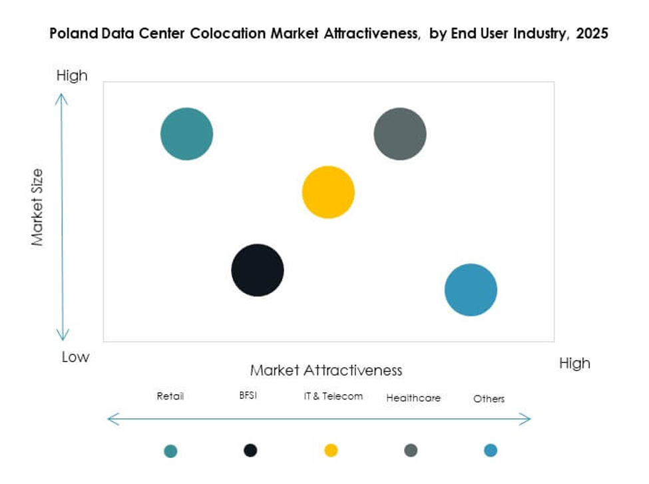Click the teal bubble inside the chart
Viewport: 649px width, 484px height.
click(186, 134)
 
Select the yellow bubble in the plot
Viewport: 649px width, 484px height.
click(328, 192)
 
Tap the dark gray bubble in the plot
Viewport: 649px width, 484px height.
click(399, 134)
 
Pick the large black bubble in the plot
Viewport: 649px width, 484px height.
click(258, 270)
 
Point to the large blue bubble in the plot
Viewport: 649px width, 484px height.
click(471, 290)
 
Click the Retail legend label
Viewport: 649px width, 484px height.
click(170, 396)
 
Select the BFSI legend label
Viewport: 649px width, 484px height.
click(248, 395)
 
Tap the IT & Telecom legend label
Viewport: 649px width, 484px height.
click(333, 396)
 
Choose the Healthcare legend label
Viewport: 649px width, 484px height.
click(413, 398)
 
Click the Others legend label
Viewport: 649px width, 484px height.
click(489, 399)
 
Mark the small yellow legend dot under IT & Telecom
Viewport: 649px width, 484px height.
click(331, 451)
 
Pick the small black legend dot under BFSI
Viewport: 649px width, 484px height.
click(250, 451)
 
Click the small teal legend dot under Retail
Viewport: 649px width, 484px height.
click(170, 451)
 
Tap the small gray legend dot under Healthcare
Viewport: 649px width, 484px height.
click(411, 451)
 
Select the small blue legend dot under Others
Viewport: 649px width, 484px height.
click(491, 451)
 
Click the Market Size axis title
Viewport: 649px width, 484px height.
click(37, 207)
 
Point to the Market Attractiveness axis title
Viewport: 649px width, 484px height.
click(326, 370)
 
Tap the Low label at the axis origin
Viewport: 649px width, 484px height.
click(75, 357)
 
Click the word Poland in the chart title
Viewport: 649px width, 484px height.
click(71, 34)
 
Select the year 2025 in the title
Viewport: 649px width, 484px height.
click(592, 34)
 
